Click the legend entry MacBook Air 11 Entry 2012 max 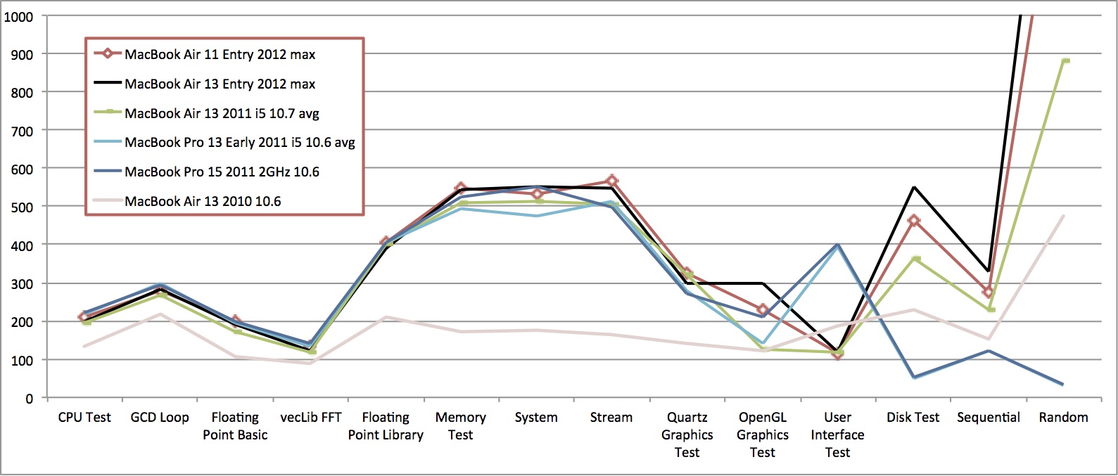(220, 54)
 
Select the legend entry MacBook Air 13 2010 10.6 (203, 201)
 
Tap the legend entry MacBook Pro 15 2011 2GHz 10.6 (222, 172)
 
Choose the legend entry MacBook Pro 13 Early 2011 (239, 142)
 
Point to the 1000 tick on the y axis (19, 17)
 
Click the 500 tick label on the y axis (22, 207)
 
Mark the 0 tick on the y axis (29, 399)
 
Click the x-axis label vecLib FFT (310, 417)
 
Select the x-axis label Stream (611, 417)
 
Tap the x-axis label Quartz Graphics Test (687, 435)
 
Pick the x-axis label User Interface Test (837, 435)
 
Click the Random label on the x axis (1063, 417)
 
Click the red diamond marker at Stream (611, 181)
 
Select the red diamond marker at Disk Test (913, 221)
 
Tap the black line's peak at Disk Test (913, 187)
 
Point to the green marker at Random (1065, 61)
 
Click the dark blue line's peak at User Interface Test (837, 245)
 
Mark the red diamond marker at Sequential (988, 292)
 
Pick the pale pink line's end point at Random (1064, 216)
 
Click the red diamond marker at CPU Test (84, 317)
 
